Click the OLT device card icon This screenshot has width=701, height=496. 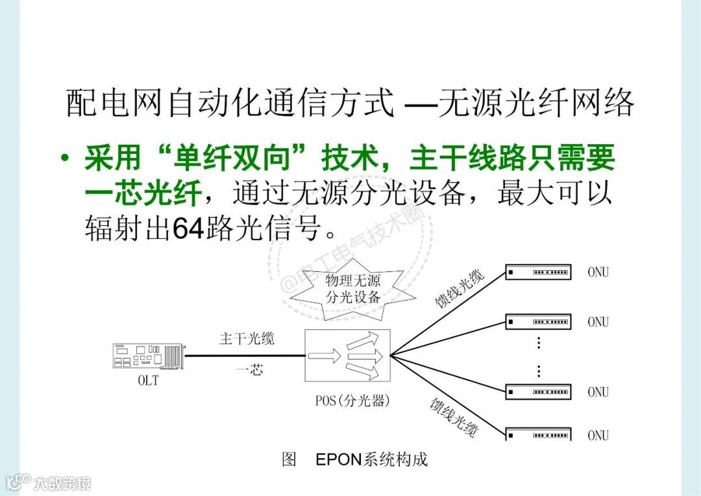click(148, 356)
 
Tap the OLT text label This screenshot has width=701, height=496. click(148, 381)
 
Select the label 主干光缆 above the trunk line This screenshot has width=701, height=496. click(247, 339)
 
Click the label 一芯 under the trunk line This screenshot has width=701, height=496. click(249, 371)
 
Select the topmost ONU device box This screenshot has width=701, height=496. click(538, 272)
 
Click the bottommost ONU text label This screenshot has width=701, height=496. click(598, 436)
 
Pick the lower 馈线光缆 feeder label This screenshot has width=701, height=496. click(454, 417)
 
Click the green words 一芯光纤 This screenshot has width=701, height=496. click(143, 193)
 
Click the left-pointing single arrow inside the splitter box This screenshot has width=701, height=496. click(325, 356)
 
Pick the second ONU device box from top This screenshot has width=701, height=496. click(538, 321)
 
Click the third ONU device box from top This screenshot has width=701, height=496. click(538, 391)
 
